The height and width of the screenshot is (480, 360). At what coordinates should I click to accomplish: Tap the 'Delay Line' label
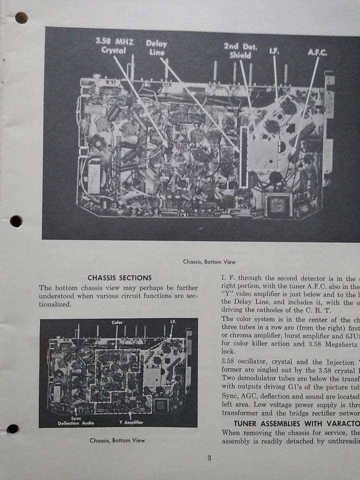pos(156,47)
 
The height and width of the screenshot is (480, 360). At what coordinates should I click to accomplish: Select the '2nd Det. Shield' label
pos(240,50)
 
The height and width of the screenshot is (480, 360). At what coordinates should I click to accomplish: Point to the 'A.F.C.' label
pos(317,52)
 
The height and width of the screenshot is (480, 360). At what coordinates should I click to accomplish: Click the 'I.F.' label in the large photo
pos(274,50)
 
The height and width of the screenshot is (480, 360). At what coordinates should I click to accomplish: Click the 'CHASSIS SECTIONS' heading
pos(119,277)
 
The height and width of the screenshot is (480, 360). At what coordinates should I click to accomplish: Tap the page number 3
pos(209,457)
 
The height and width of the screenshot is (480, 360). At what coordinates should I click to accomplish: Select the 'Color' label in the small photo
pos(117,322)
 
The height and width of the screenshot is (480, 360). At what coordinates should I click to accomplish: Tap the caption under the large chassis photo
pos(209,261)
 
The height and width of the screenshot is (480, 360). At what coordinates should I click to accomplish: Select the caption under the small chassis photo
pos(117,440)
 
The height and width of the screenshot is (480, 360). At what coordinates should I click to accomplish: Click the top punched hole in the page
pos(21,18)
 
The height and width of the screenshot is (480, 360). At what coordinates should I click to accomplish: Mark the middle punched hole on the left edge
pos(16,221)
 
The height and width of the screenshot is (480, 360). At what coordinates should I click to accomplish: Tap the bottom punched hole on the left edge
pos(13,429)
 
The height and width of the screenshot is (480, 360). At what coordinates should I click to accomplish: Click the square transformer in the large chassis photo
pos(278,204)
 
